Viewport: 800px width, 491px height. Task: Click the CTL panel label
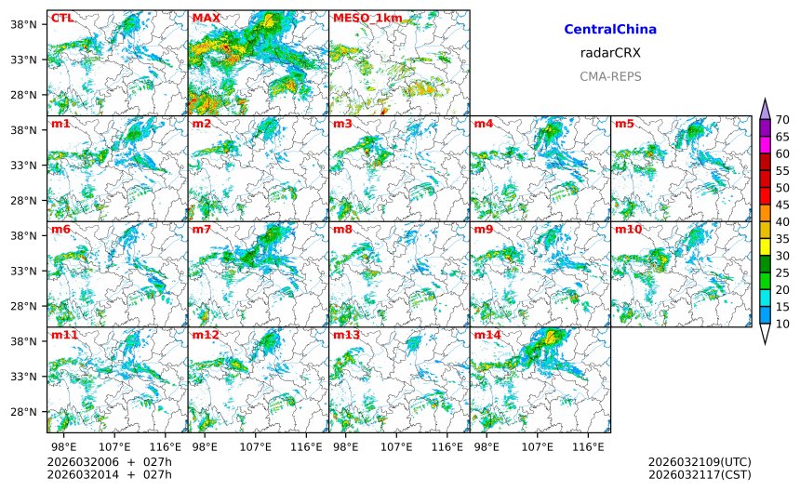[62, 18]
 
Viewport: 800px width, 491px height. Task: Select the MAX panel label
[206, 18]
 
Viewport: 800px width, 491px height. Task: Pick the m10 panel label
[629, 229]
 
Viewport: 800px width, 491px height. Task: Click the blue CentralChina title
[610, 30]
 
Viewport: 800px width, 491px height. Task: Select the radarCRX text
[610, 53]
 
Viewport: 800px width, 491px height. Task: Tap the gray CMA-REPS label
[610, 76]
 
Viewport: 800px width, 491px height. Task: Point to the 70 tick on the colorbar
[783, 119]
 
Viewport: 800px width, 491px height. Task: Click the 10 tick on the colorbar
[783, 324]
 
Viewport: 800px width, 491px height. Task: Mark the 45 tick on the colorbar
[783, 205]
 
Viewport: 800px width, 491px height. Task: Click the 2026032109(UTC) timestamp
[699, 462]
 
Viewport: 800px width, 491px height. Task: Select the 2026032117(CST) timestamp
[699, 475]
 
